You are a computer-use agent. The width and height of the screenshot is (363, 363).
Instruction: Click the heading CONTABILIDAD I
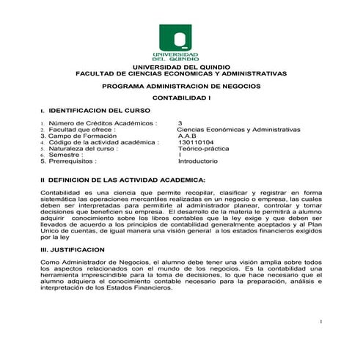pos(180,98)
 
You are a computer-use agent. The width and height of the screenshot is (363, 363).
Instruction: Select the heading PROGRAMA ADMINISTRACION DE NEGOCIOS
pos(180,86)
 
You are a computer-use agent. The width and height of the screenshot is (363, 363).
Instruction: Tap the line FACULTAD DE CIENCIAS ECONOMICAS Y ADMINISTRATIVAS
pos(180,74)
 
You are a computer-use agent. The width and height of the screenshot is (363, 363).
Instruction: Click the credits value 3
pos(180,123)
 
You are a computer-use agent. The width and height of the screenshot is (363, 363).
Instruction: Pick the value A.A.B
pos(188,136)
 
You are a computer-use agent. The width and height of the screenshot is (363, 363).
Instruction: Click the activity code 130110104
pos(196,142)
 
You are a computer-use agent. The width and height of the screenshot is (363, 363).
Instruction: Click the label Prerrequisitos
pos(73,161)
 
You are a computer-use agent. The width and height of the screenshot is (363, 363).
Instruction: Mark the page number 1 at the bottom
pos(322,323)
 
